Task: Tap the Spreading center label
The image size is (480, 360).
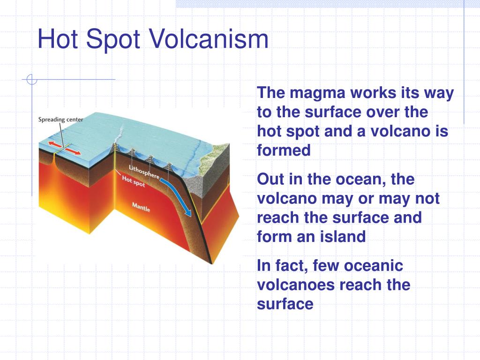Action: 60,120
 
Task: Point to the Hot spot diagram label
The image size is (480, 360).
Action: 134,181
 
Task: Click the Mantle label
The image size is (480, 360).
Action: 141,207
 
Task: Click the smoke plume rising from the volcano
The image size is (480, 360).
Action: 121,134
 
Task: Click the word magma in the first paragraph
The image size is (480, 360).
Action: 313,93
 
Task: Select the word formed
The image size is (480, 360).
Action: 284,150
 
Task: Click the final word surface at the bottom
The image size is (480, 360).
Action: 285,304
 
